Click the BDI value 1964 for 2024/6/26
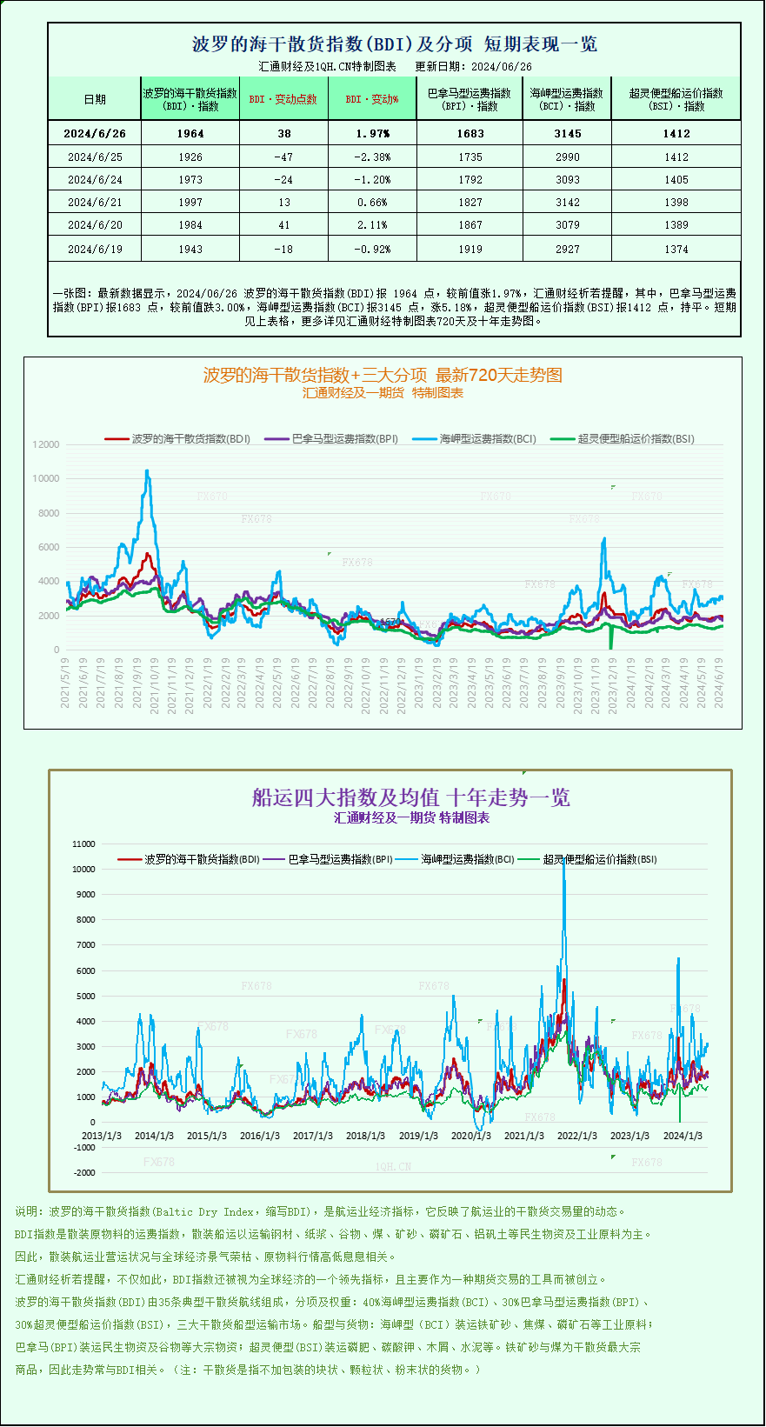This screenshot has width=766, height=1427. (190, 134)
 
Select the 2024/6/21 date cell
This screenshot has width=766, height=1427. (95, 203)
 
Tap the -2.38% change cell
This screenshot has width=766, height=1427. (372, 157)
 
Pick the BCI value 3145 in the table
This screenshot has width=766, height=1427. (567, 134)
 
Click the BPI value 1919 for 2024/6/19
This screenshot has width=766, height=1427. (470, 250)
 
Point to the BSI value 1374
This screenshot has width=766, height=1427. (676, 250)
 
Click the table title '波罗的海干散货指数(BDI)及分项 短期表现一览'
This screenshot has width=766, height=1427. (394, 44)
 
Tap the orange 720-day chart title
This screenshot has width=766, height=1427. (383, 376)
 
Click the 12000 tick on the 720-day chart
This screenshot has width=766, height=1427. (46, 444)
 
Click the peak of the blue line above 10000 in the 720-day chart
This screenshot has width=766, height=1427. (147, 471)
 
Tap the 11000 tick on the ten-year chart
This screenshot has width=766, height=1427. (83, 844)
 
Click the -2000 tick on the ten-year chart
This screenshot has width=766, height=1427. (83, 1173)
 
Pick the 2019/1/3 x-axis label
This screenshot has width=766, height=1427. (418, 1136)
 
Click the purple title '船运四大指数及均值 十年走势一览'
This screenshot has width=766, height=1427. (410, 798)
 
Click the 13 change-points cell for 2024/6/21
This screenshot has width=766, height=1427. (283, 203)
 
